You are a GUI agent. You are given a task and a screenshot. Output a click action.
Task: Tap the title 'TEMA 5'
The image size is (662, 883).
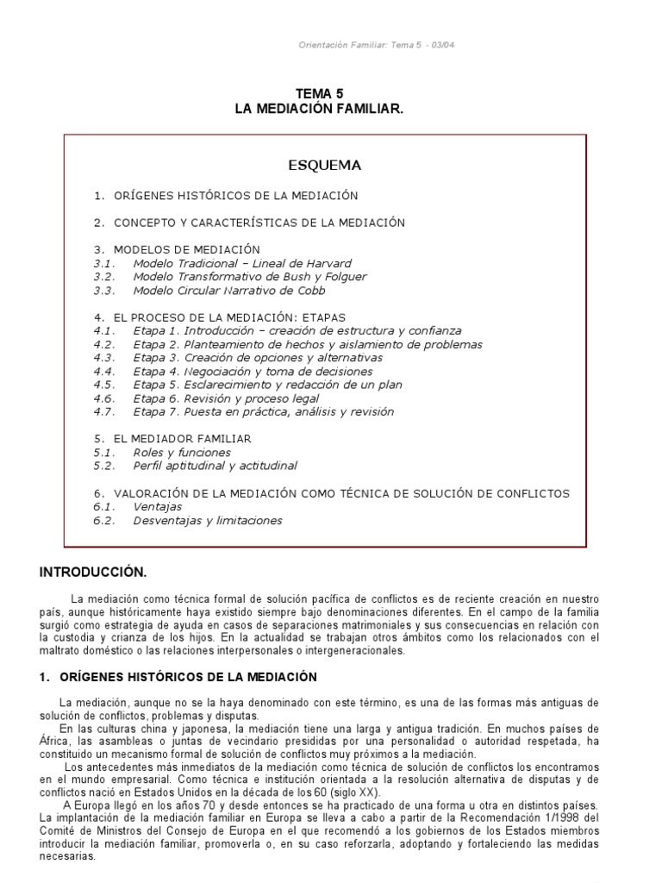click(x=325, y=94)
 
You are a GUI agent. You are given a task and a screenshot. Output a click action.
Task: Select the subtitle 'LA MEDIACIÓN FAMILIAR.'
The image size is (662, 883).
click(x=325, y=109)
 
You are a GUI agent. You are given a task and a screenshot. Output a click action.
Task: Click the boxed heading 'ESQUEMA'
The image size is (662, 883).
click(x=324, y=165)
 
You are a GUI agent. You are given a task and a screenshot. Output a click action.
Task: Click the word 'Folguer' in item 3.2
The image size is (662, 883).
click(x=344, y=277)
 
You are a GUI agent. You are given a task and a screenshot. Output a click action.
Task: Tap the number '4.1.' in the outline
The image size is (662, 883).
click(x=104, y=330)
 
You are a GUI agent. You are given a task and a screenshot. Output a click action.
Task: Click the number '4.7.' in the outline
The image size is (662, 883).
click(x=104, y=411)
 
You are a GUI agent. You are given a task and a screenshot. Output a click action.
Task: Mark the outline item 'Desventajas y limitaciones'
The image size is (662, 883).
click(x=208, y=521)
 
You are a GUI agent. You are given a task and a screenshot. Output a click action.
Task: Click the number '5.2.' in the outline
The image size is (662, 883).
click(x=104, y=466)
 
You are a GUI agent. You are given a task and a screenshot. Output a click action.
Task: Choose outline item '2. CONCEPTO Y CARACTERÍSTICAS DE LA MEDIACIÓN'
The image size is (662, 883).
click(x=249, y=222)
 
